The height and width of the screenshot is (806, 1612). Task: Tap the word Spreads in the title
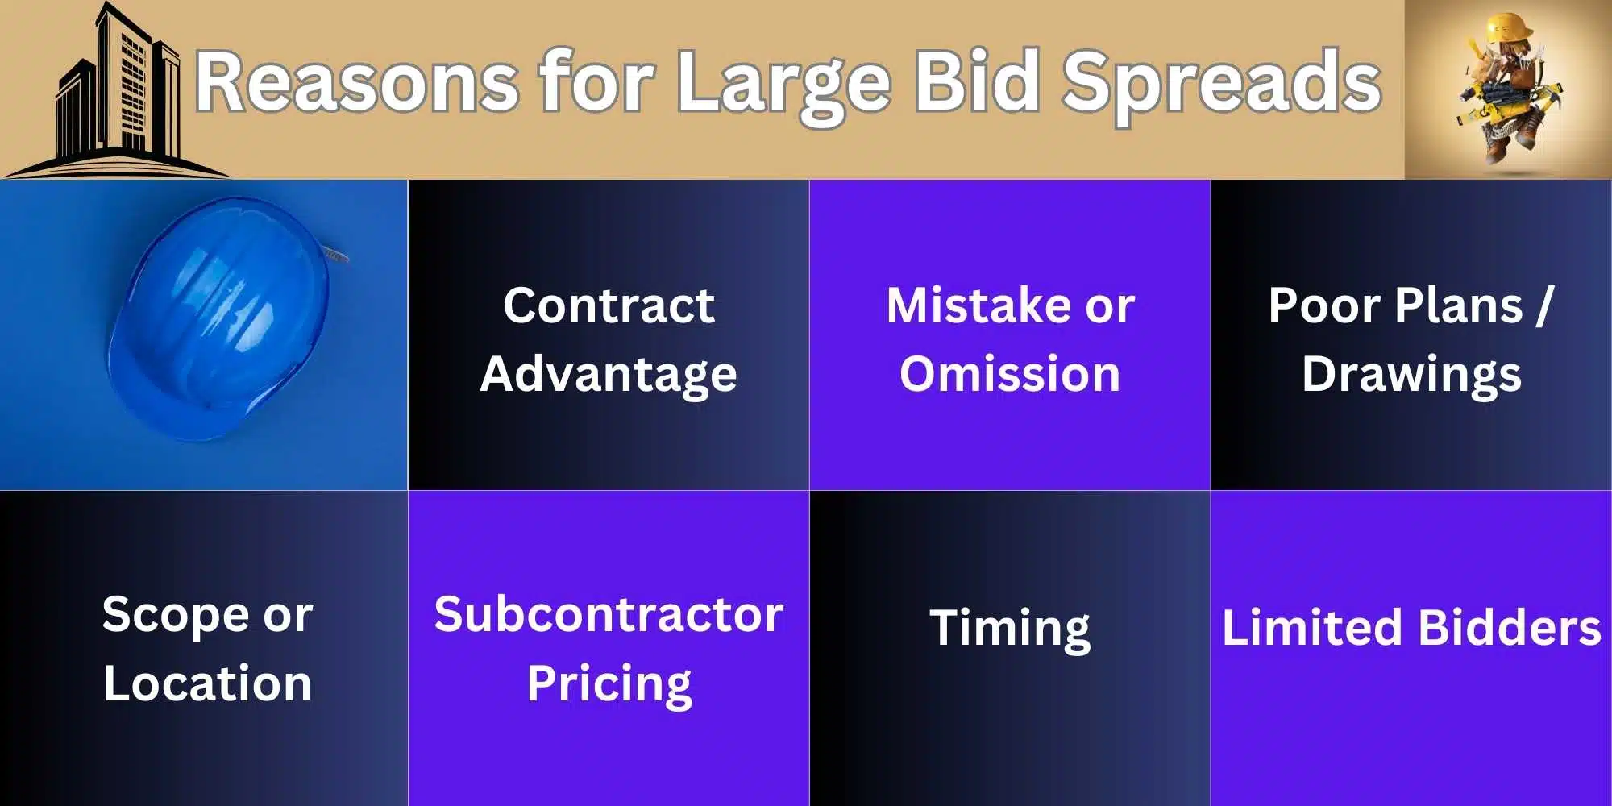tap(1221, 81)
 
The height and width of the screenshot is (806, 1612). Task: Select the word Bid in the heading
tap(976, 81)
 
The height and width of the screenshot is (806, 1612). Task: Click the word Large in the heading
tap(783, 81)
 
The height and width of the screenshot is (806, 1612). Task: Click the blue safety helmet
tap(218, 318)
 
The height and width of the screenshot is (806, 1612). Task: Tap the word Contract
tap(609, 305)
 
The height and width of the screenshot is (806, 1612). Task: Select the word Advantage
tap(609, 375)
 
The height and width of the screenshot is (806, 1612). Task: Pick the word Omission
tap(1010, 375)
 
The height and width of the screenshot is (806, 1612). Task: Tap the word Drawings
tap(1411, 375)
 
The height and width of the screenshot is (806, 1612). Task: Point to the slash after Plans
tap(1543, 305)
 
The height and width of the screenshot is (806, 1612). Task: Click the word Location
tap(207, 684)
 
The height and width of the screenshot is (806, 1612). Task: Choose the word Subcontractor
tap(609, 615)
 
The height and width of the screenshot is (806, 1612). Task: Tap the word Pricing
tap(609, 684)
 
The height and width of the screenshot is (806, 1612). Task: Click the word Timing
tap(1010, 628)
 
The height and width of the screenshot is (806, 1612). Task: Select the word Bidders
tap(1509, 628)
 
